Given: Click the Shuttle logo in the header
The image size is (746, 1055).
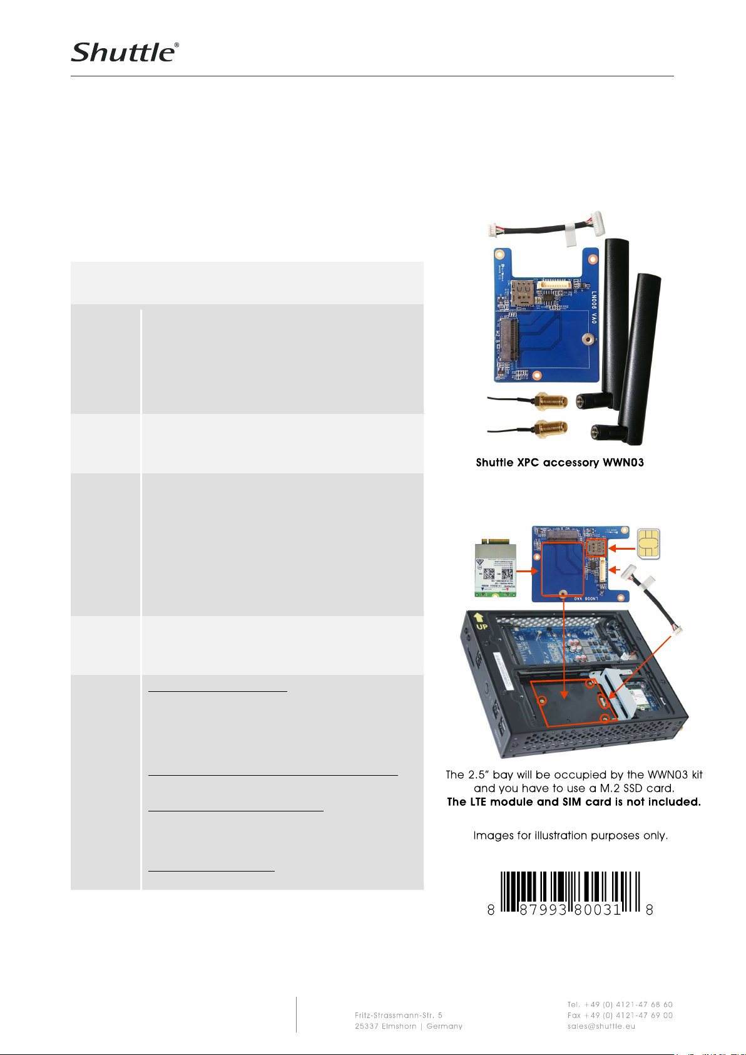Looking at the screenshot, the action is [123, 53].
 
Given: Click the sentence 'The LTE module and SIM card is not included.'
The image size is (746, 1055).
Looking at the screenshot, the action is [573, 802].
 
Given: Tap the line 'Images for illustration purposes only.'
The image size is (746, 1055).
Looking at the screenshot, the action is [570, 835].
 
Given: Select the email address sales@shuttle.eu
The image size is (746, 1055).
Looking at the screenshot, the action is [601, 1026].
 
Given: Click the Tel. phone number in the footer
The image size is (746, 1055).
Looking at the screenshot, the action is [620, 1004].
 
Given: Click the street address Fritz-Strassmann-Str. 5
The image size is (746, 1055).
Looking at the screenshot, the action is [398, 1015].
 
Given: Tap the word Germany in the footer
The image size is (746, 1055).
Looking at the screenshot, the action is [444, 1026].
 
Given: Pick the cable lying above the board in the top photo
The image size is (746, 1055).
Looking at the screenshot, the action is [542, 229].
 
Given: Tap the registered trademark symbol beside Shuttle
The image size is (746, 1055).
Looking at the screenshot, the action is [176, 45].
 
